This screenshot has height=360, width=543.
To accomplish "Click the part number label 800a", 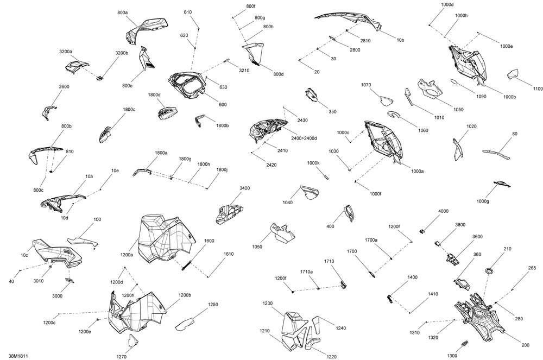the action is [123, 12].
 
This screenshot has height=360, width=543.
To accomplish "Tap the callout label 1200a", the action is [127, 255].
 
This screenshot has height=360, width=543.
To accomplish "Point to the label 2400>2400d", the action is [304, 138].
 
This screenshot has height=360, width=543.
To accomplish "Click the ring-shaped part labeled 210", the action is [490, 270].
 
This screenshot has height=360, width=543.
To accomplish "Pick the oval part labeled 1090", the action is [454, 81].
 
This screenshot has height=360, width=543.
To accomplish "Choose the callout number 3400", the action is [244, 188].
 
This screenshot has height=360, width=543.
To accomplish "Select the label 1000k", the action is [313, 163].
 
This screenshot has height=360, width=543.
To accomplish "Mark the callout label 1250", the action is [213, 305].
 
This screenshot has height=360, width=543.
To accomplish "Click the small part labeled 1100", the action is [513, 74].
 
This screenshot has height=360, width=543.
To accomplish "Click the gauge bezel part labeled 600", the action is [186, 85].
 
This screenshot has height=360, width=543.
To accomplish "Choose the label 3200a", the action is [66, 52].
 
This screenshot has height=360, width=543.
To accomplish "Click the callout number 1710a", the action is [306, 272].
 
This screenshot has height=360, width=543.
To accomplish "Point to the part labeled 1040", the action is [310, 192].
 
